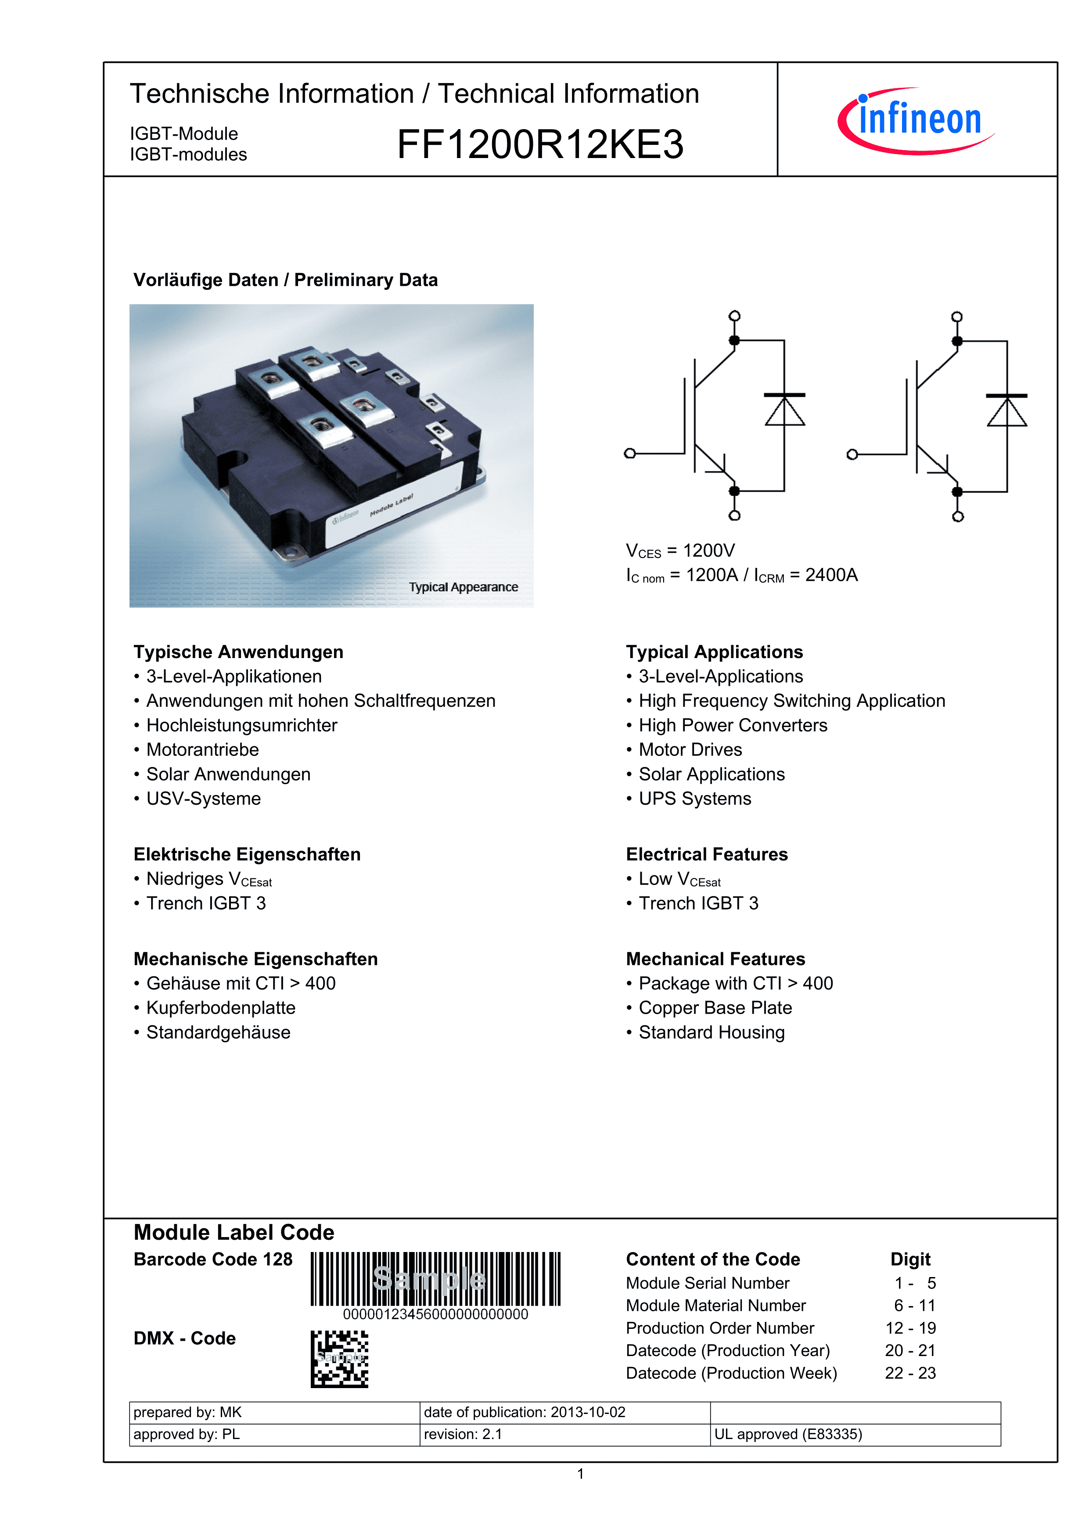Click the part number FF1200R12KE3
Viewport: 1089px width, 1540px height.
[540, 144]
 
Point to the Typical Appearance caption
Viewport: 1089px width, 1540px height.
[464, 587]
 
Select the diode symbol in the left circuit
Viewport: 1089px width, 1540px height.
[784, 410]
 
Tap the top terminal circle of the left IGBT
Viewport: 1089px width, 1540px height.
[734, 316]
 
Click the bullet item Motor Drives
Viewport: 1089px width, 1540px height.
[690, 750]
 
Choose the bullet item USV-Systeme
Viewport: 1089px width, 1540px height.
[203, 799]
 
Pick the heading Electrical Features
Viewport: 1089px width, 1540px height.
[707, 855]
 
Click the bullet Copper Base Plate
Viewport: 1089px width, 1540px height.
[715, 1008]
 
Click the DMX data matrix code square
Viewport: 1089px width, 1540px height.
[339, 1359]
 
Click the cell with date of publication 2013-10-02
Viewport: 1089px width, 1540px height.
[564, 1413]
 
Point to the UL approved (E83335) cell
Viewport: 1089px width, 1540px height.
[788, 1435]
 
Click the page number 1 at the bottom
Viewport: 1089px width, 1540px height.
[581, 1474]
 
